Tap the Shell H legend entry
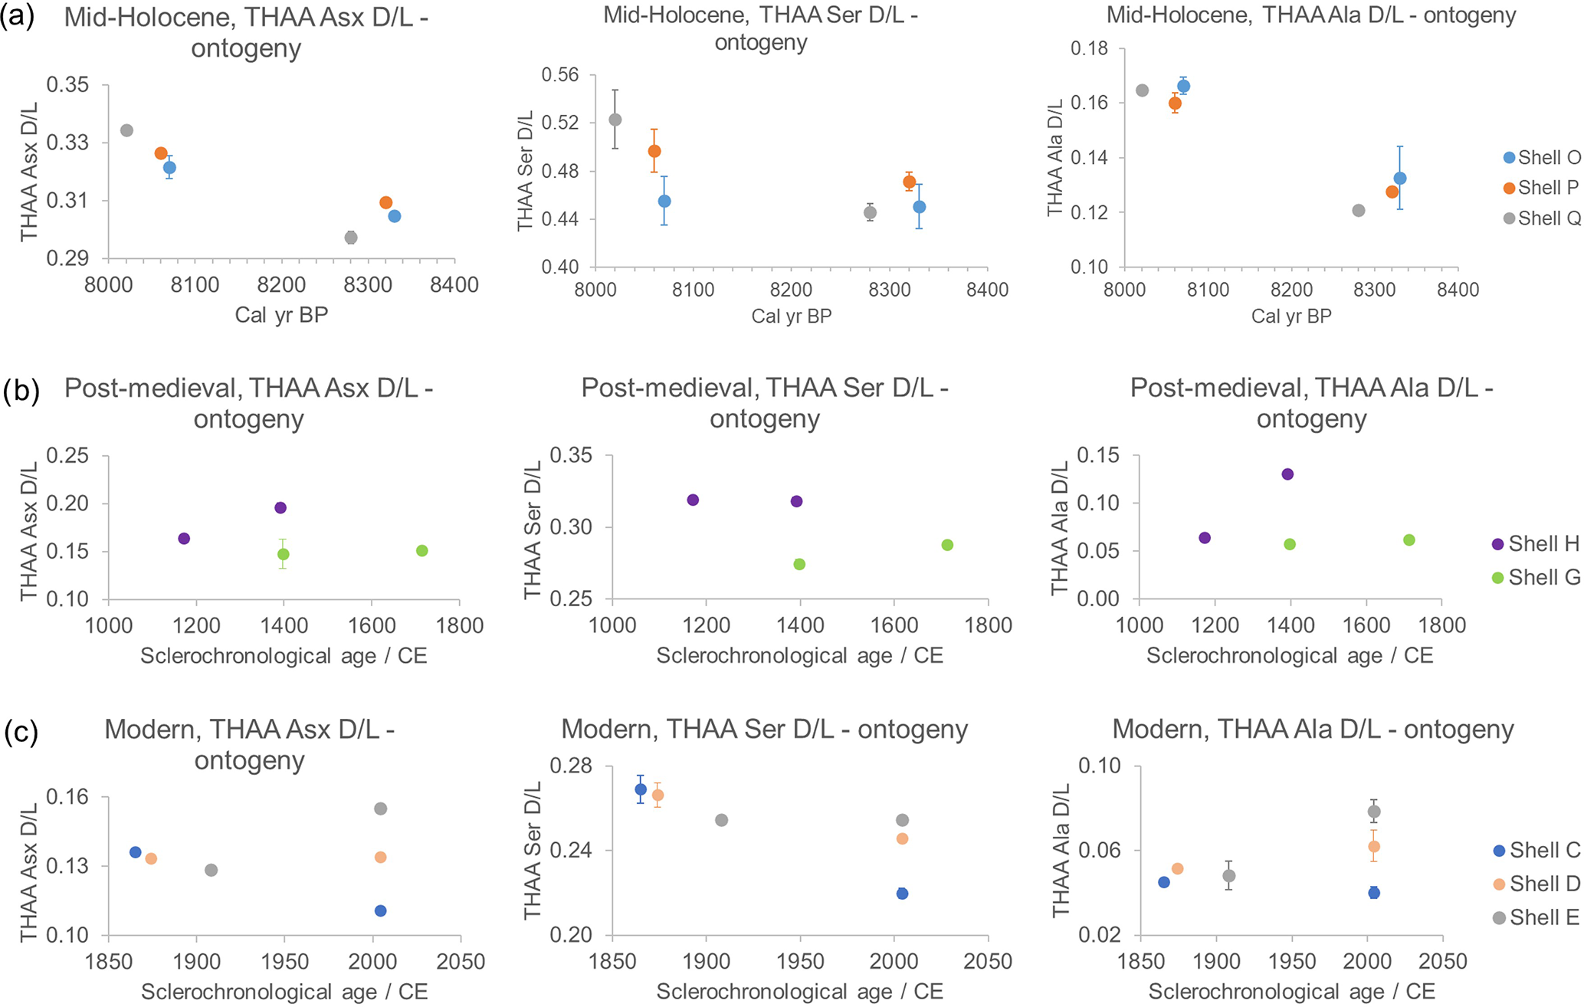pyautogui.click(x=1536, y=544)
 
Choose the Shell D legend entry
pyautogui.click(x=1537, y=884)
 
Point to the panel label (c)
pyautogui.click(x=21, y=733)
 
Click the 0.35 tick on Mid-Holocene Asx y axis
pyautogui.click(x=67, y=84)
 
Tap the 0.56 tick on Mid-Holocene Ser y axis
pyautogui.click(x=560, y=75)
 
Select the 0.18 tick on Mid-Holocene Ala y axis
pyautogui.click(x=1089, y=49)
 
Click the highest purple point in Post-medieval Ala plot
pyautogui.click(x=1287, y=474)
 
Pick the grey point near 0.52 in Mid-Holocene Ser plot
pyautogui.click(x=615, y=120)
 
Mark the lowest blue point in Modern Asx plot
pyautogui.click(x=380, y=911)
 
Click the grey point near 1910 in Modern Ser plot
pyautogui.click(x=721, y=820)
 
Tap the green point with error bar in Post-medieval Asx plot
pyautogui.click(x=283, y=554)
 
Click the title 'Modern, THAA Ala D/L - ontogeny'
pyautogui.click(x=1312, y=730)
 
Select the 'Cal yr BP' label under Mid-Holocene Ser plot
pyautogui.click(x=791, y=317)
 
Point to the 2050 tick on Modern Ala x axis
pyautogui.click(x=1441, y=962)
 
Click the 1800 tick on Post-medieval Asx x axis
pyautogui.click(x=459, y=626)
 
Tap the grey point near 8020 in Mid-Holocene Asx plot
pyautogui.click(x=127, y=130)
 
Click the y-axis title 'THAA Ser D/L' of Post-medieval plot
pyautogui.click(x=533, y=530)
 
